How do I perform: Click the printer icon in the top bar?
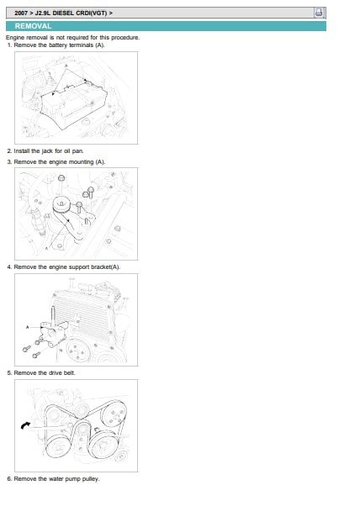[x=319, y=13]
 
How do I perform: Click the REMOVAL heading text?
[x=33, y=26]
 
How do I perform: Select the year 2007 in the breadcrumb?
[x=21, y=13]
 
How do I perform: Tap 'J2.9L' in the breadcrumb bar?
[x=43, y=13]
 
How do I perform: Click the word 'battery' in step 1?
[x=58, y=45]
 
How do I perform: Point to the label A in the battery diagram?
[x=66, y=66]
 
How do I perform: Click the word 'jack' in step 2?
[x=47, y=151]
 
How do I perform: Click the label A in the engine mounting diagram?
[x=46, y=248]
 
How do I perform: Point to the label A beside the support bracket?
[x=27, y=327]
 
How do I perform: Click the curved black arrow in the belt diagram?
[x=24, y=425]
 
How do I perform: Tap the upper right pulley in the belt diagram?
[x=114, y=415]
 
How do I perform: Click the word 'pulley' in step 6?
[x=90, y=479]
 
